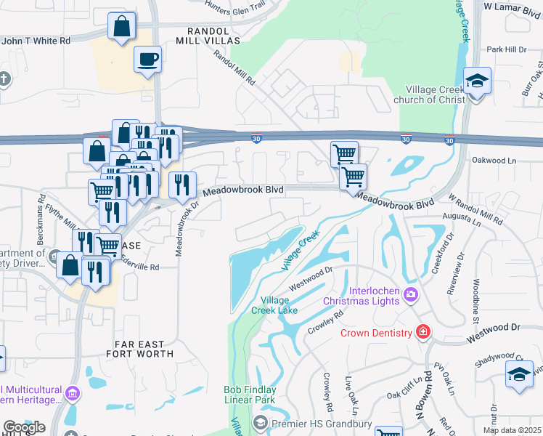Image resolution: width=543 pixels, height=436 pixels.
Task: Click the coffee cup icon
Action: tap(147, 59)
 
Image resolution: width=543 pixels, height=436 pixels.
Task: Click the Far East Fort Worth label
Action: tap(144, 348)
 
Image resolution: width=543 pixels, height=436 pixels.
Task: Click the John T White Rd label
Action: tap(36, 41)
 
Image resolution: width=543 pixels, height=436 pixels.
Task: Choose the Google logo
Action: tap(24, 427)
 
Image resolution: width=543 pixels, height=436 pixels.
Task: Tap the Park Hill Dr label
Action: tap(506, 49)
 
